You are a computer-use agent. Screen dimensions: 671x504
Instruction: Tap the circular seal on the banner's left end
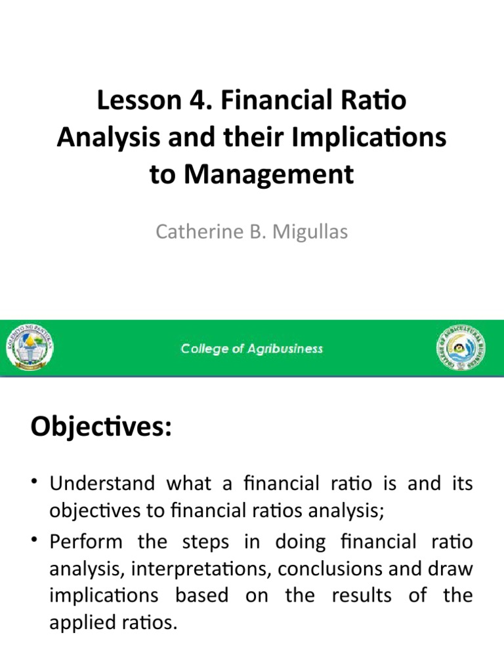point(31,348)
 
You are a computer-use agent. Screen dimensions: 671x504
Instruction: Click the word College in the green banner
point(203,349)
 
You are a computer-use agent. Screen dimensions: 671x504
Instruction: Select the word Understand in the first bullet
point(102,485)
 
